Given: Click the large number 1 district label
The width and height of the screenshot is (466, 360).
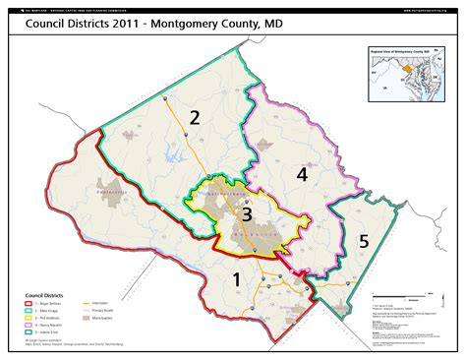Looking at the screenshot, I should click(x=236, y=279).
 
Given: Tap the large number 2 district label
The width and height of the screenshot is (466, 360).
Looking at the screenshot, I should click(x=196, y=119).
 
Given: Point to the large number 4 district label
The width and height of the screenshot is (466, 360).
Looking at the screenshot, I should click(x=303, y=174).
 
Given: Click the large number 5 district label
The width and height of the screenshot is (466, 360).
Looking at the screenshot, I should click(x=363, y=239).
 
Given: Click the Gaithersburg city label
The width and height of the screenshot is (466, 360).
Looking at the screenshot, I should click(x=213, y=195).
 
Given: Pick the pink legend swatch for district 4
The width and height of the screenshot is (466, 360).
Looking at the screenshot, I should click(x=28, y=326).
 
